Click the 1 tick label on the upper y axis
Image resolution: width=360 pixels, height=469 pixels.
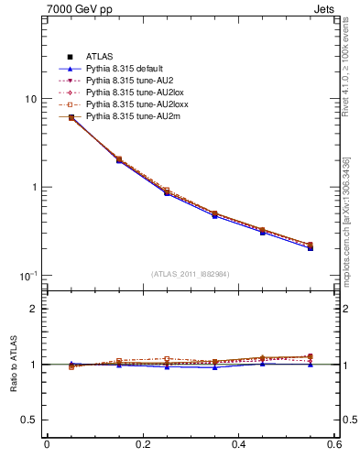click(x=33, y=187)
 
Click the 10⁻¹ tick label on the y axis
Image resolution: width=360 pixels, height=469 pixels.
click(x=27, y=275)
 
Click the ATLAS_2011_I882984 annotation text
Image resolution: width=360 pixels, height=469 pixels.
click(x=191, y=274)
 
